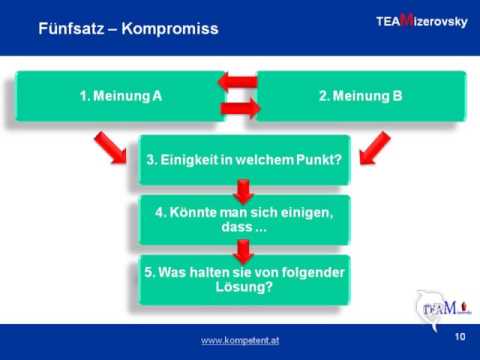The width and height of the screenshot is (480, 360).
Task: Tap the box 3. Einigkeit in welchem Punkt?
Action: (243, 160)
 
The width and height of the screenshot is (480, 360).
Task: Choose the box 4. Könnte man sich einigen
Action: (243, 219)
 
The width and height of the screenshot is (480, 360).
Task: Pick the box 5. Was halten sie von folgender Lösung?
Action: (243, 279)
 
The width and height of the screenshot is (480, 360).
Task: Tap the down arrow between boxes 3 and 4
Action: (243, 190)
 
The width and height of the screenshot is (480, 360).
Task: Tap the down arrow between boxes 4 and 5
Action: (243, 249)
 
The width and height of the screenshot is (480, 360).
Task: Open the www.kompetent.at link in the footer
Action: (241, 341)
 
